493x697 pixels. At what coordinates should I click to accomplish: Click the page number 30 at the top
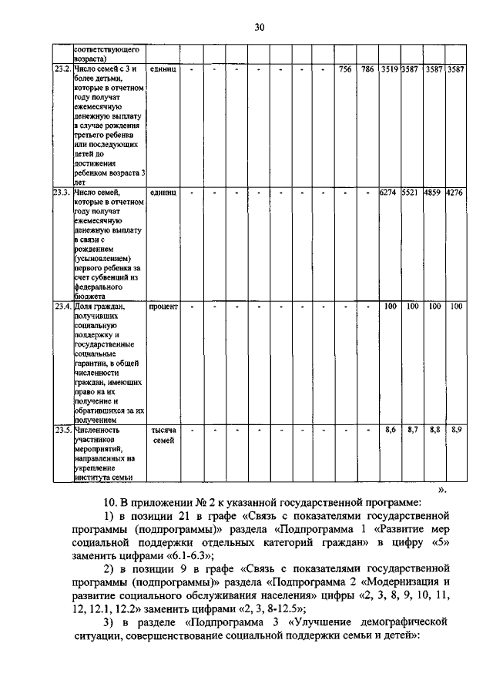pos(260,28)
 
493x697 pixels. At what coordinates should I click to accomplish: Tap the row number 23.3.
pos(62,191)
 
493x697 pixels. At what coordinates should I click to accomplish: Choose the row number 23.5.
pos(62,429)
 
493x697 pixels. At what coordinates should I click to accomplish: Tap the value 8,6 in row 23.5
pos(390,429)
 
